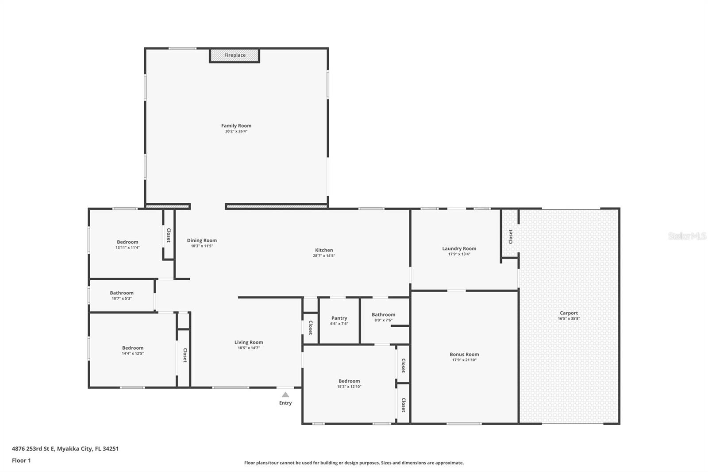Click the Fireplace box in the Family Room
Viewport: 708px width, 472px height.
click(235, 55)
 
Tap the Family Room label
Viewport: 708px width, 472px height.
click(236, 126)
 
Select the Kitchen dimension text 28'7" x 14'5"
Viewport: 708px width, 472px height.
click(324, 256)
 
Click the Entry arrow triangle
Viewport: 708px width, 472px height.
click(285, 395)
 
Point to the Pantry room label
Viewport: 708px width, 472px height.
click(339, 318)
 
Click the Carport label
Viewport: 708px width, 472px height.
click(569, 313)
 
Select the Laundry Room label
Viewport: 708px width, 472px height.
click(459, 248)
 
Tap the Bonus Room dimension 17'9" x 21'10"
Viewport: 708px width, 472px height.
click(464, 360)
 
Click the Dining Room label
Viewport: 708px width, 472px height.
click(202, 240)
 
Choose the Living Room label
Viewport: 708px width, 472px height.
click(249, 342)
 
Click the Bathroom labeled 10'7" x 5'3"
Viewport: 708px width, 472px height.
click(122, 293)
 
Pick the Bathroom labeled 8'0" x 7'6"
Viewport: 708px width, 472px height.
click(383, 314)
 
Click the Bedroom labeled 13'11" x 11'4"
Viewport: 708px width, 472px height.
click(127, 242)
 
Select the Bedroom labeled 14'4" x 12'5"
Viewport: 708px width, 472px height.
click(133, 348)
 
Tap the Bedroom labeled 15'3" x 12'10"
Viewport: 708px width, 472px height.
click(349, 381)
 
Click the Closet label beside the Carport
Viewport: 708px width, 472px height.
click(510, 236)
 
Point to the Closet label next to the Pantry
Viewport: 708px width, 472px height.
click(310, 328)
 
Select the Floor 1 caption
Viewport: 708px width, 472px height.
click(21, 460)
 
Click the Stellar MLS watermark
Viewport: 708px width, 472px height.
click(686, 236)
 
